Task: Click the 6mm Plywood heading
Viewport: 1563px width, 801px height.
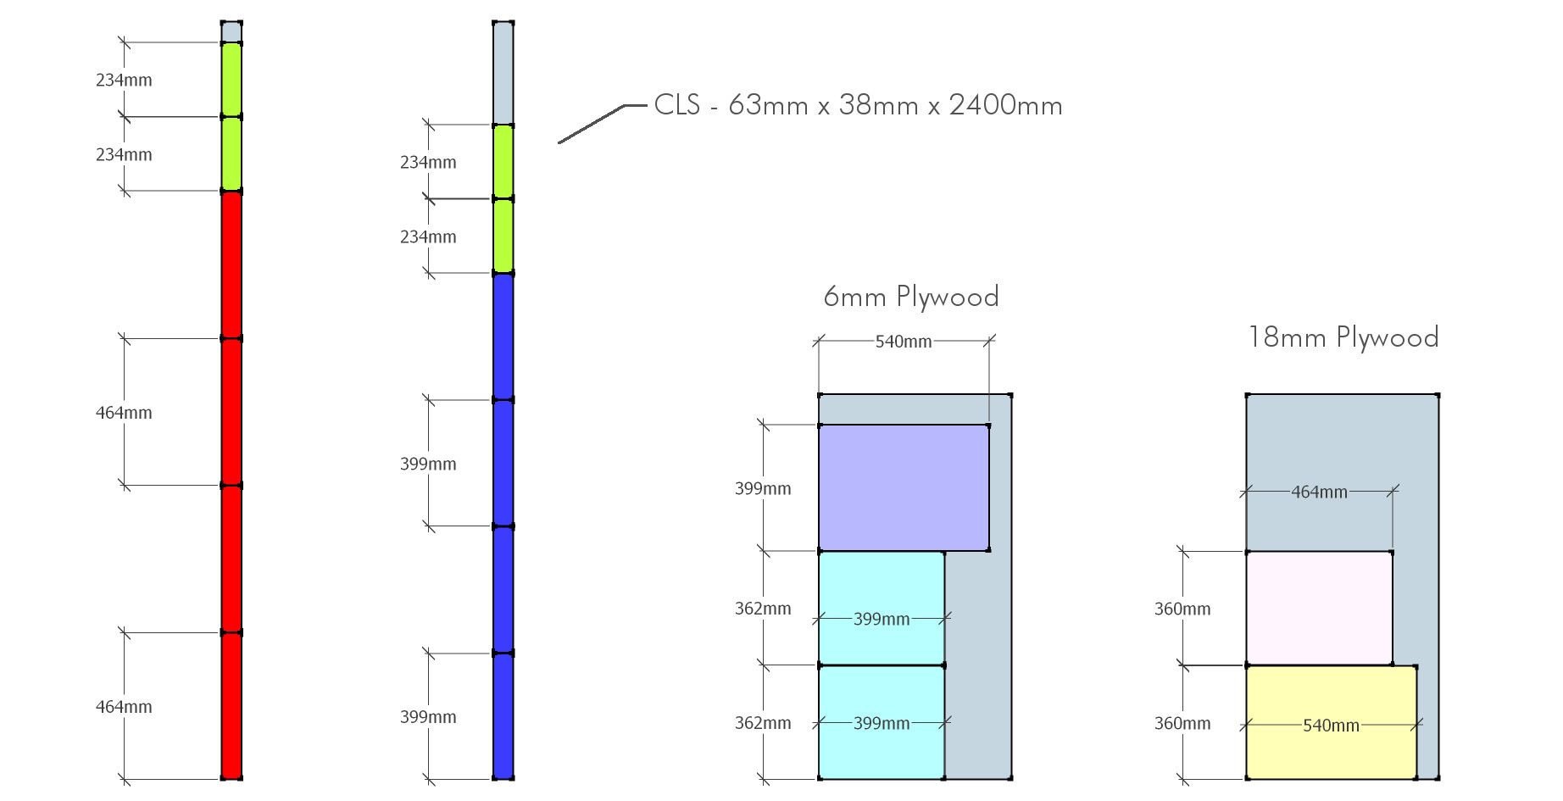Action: coord(911,297)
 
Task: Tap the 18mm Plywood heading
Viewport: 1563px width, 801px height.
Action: coord(1343,337)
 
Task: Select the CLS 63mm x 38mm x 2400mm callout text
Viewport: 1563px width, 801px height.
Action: coord(858,105)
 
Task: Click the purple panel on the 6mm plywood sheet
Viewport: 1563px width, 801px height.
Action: coord(904,488)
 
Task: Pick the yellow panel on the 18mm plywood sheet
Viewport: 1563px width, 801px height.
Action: coord(1331,722)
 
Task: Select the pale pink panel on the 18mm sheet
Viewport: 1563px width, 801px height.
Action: coord(1319,609)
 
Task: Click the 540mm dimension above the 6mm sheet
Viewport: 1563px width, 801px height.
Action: coord(904,342)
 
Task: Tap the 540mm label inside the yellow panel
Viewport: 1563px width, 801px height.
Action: coord(1331,726)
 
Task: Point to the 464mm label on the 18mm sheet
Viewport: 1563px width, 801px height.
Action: coord(1319,492)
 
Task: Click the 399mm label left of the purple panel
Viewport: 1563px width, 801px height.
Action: coord(763,488)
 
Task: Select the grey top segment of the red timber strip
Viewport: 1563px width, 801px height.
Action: coord(231,32)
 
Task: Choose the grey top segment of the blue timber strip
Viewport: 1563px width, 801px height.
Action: coord(503,74)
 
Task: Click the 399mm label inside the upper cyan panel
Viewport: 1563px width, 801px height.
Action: coord(882,619)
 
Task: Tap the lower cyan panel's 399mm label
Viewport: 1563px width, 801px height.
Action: coord(882,723)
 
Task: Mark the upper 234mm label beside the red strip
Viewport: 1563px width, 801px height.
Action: coord(124,81)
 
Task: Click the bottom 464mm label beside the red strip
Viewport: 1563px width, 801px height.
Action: coord(124,707)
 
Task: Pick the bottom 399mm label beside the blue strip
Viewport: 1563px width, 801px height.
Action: coord(428,717)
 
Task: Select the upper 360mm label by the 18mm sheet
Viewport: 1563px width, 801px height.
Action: coord(1182,609)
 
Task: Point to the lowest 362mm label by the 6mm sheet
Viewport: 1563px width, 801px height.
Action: coord(763,723)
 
